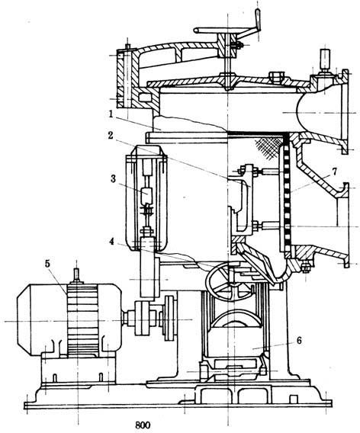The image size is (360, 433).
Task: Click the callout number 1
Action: coord(111,114)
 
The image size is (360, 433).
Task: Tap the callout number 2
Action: coord(111,136)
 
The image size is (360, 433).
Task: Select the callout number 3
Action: coord(113,178)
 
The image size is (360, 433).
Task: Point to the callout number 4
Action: coord(111,242)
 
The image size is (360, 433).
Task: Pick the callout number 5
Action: coord(47,264)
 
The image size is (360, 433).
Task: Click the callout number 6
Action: coord(299,341)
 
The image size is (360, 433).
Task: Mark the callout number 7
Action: coord(335,172)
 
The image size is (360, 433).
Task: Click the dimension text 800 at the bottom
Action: coord(143,425)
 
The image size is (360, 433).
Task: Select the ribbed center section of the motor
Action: coord(82,319)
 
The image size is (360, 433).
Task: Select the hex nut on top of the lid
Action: coord(276,76)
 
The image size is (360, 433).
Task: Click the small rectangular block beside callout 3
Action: coord(146,195)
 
